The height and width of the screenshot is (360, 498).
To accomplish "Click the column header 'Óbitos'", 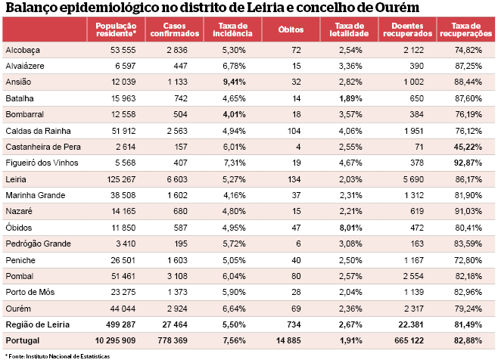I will [x=291, y=30].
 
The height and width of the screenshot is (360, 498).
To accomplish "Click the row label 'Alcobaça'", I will [x=23, y=49].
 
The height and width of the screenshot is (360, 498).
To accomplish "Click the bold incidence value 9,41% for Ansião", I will [x=235, y=82].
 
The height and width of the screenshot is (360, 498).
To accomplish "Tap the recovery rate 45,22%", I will [x=468, y=146].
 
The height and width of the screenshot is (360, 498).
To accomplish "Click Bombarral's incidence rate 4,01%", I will [x=235, y=113].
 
